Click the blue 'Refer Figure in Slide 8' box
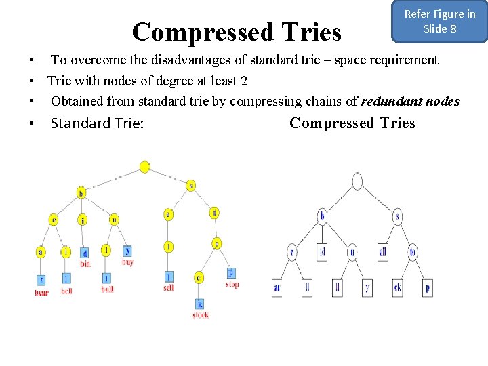[x=440, y=22]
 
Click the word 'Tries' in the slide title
[x=308, y=32]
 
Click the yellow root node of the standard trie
[x=144, y=167]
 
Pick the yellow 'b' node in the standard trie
[x=81, y=192]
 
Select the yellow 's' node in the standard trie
[x=191, y=185]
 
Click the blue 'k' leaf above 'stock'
[x=200, y=303]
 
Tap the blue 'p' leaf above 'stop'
[x=231, y=273]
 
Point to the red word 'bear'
[x=42, y=292]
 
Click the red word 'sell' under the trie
[x=168, y=288]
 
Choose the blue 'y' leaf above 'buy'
[x=127, y=251]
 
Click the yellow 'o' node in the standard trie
[x=217, y=243]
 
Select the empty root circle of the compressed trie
[x=357, y=181]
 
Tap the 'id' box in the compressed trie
[x=322, y=252]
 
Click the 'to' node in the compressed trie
[x=413, y=252]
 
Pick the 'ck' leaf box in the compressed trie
[x=397, y=287]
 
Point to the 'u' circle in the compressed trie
[x=352, y=252]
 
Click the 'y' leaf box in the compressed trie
[x=367, y=287]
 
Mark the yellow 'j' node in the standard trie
[x=82, y=220]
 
